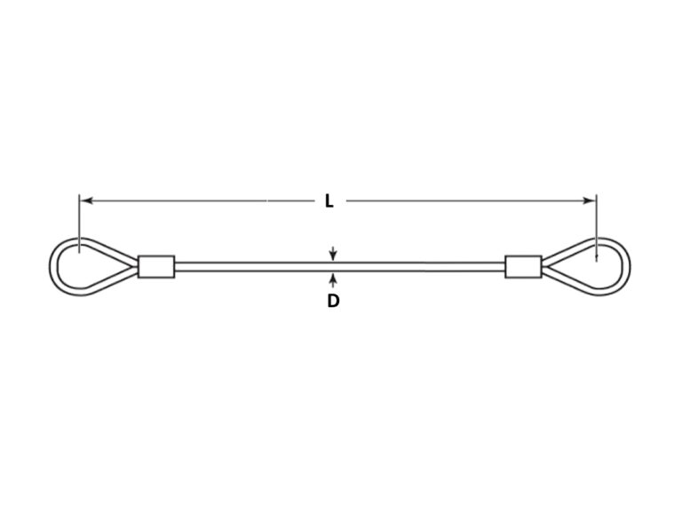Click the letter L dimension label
pyautogui.click(x=329, y=200)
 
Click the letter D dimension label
pyautogui.click(x=333, y=301)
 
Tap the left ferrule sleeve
pyautogui.click(x=156, y=266)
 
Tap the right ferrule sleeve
pyautogui.click(x=523, y=266)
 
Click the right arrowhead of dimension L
pyautogui.click(x=589, y=200)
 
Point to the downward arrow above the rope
pyautogui.click(x=333, y=254)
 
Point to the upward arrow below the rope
pyautogui.click(x=333, y=280)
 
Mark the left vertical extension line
pyautogui.click(x=79, y=224)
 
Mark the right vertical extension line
pyautogui.click(x=597, y=228)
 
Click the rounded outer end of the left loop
pyautogui.click(x=51, y=266)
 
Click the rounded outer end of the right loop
pyautogui.click(x=630, y=266)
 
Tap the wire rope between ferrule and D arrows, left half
pyautogui.click(x=253, y=266)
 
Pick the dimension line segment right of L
pyautogui.click(x=470, y=200)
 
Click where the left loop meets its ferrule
pyautogui.click(x=137, y=266)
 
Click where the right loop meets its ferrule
pyautogui.click(x=543, y=266)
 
